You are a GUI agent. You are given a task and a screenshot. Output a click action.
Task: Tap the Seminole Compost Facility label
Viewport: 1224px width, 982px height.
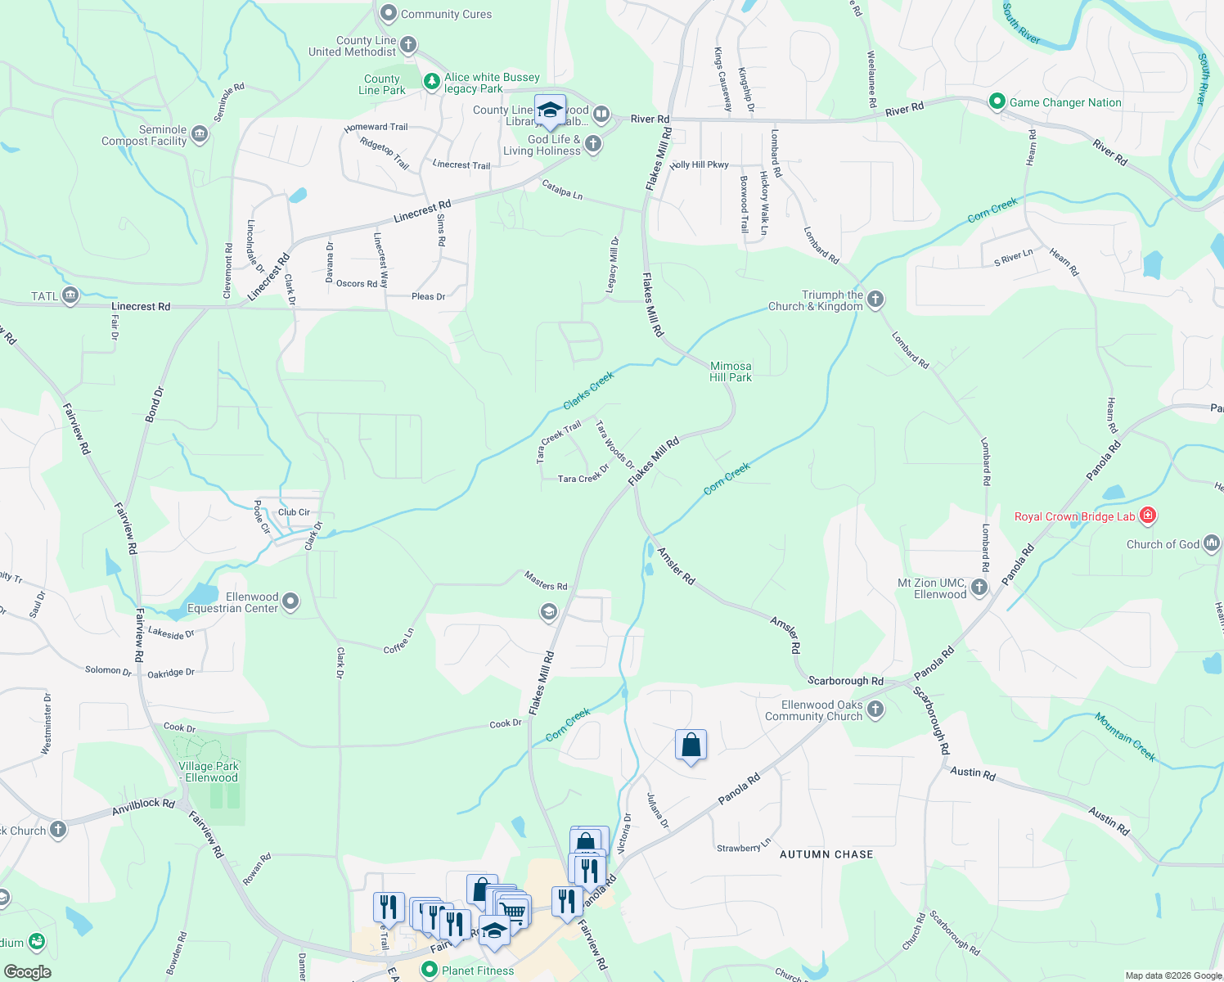pos(144,136)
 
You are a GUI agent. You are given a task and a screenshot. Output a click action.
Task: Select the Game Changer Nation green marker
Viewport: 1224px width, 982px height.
pos(997,102)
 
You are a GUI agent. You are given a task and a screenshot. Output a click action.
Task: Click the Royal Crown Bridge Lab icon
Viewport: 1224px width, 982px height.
pos(1148,516)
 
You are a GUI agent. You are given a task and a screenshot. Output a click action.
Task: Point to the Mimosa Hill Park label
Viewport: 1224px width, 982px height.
pos(731,372)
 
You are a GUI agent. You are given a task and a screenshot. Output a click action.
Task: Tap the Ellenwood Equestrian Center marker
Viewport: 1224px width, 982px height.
pos(290,603)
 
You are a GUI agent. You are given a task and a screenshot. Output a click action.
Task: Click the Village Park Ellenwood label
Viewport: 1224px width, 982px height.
pos(209,773)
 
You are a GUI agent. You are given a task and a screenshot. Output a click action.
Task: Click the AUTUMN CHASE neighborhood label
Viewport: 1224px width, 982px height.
pos(826,854)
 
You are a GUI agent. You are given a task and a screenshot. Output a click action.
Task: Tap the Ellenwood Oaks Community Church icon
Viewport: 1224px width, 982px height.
pos(875,709)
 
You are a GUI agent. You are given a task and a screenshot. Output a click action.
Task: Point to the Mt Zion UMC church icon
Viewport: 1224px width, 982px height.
pos(979,588)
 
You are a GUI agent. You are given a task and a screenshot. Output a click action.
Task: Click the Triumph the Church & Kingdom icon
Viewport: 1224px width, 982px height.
pos(875,300)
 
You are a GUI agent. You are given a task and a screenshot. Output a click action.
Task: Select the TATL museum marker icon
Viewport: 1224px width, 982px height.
pos(70,295)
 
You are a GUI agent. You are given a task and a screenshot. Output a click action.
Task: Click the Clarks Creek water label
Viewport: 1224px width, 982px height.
pos(588,390)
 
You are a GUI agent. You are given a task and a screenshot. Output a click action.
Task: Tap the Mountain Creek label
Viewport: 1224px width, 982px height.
pos(1126,736)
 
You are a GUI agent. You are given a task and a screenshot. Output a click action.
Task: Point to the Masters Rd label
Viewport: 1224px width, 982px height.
pos(546,581)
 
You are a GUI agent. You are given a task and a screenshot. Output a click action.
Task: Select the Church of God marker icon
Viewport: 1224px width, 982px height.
pos(1212,543)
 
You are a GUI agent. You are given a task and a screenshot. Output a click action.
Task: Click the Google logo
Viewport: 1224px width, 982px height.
pos(27,972)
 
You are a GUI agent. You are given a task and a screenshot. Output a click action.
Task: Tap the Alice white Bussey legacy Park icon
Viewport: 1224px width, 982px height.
pos(431,82)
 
